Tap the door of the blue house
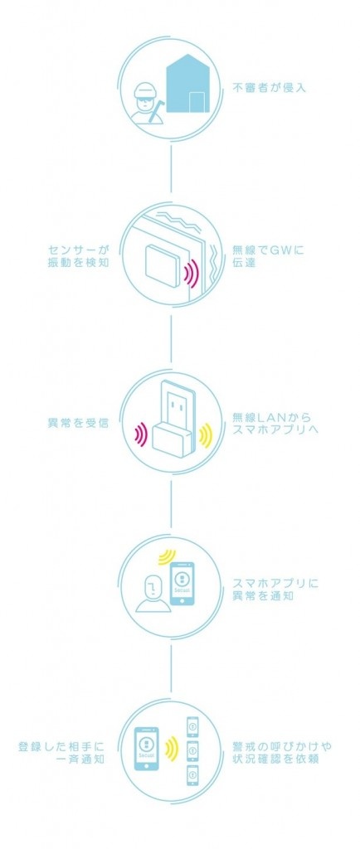click(x=196, y=102)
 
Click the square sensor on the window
click(x=163, y=265)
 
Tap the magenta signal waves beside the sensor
click(x=191, y=274)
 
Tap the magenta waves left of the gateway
click(x=140, y=434)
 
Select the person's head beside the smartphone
click(x=153, y=586)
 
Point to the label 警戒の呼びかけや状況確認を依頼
click(x=279, y=753)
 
